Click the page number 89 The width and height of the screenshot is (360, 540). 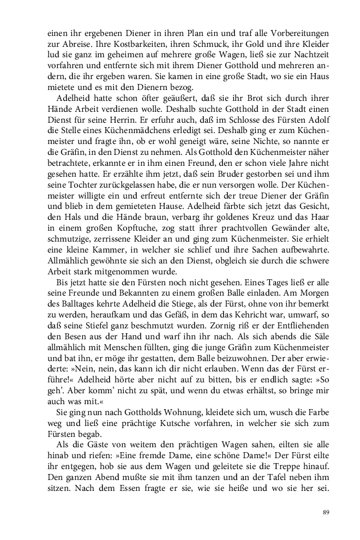click(326, 512)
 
